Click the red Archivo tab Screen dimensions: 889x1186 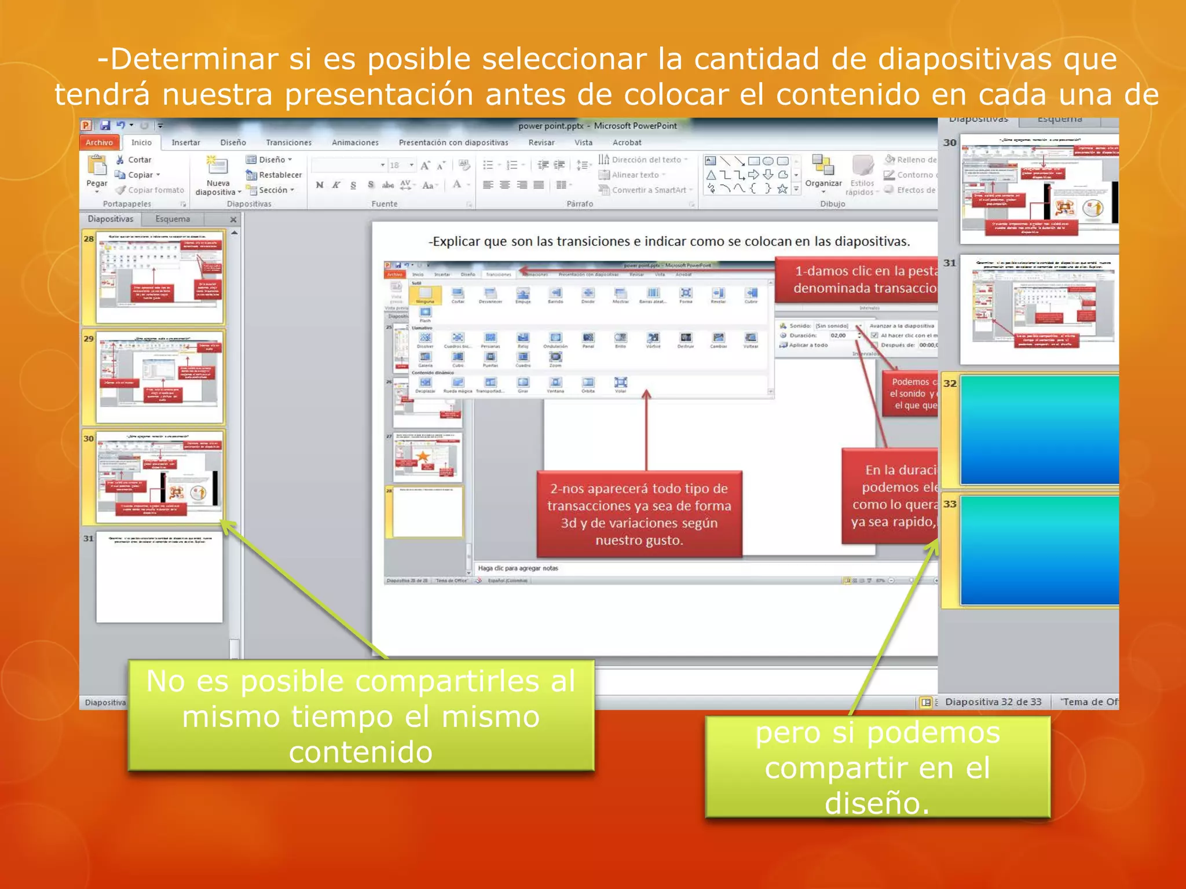(x=99, y=142)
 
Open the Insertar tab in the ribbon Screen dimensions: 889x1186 (x=185, y=142)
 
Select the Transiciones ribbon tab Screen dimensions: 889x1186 (x=288, y=142)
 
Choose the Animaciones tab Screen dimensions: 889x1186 (x=355, y=142)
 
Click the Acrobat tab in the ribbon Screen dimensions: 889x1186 (x=627, y=142)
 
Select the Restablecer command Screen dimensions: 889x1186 (x=274, y=175)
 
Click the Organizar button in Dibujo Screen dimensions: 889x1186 (x=823, y=171)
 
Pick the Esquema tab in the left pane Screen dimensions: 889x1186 (x=173, y=219)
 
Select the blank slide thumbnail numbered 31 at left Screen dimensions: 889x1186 (x=159, y=577)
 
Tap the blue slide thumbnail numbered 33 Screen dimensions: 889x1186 (x=1039, y=550)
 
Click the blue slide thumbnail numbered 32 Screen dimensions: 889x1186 (x=1039, y=429)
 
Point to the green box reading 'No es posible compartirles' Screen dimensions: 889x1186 (x=361, y=716)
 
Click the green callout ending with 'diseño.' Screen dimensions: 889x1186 (x=877, y=767)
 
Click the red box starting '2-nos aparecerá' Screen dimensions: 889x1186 (x=639, y=514)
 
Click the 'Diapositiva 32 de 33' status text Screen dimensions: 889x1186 (x=993, y=702)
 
